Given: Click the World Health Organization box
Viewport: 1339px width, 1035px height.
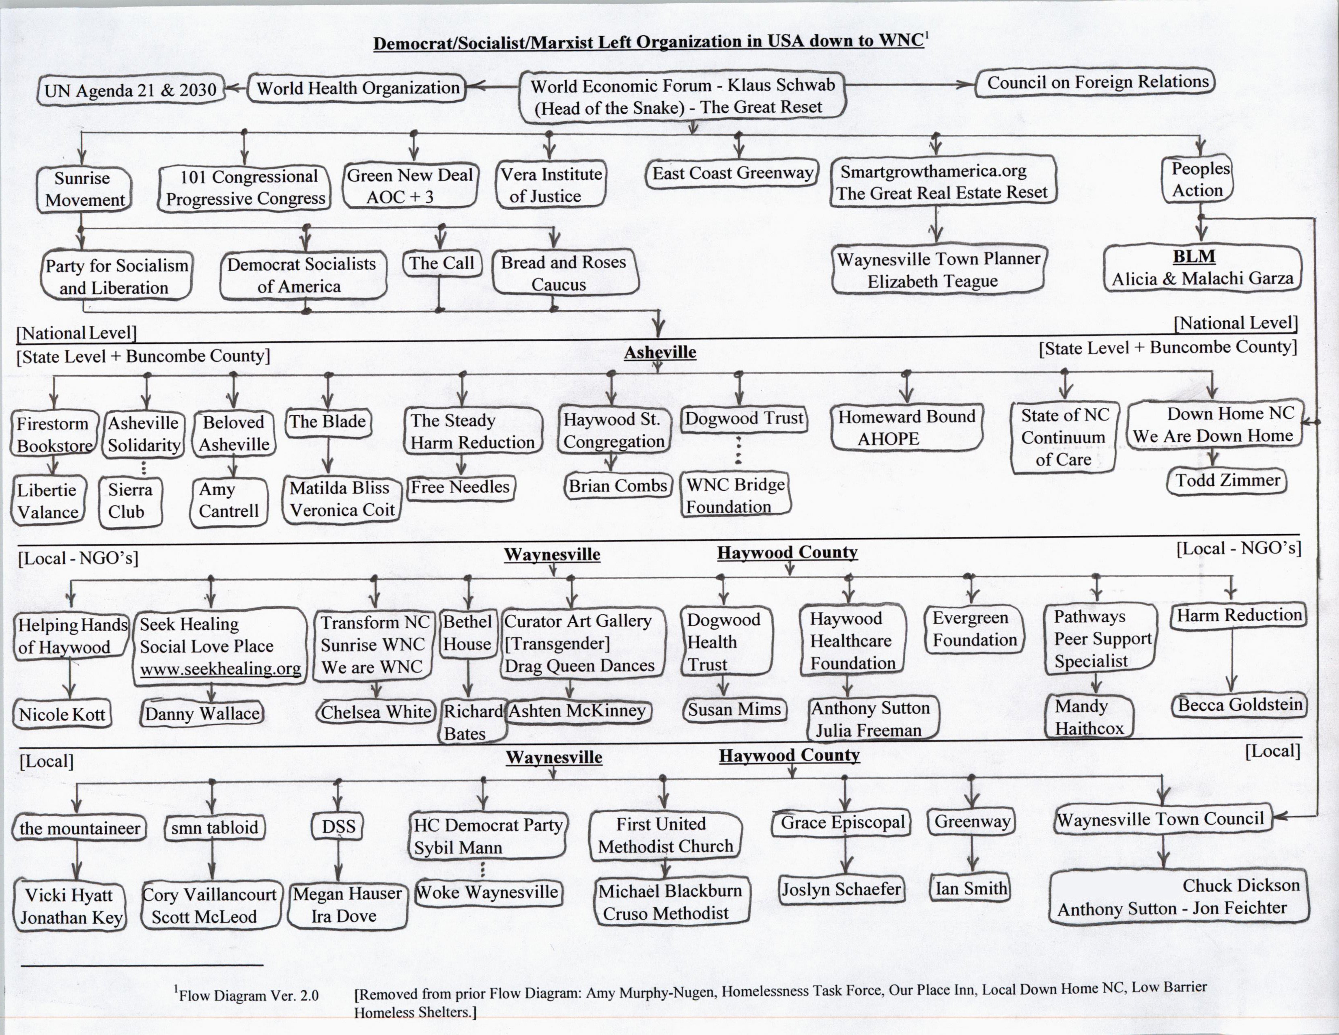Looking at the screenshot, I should (x=357, y=88).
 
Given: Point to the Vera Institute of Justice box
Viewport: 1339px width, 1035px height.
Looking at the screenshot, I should (x=551, y=185).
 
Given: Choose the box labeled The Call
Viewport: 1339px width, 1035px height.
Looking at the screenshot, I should (x=441, y=264).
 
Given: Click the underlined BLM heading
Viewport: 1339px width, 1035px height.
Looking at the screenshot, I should (x=1194, y=256).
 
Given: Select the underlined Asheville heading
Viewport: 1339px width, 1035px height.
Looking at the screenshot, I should (x=660, y=353).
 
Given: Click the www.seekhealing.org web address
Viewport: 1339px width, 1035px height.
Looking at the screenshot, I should (x=220, y=668).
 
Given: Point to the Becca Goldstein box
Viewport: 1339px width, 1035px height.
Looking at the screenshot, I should (x=1240, y=705).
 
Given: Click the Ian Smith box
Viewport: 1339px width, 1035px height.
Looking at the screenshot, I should (x=971, y=888).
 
